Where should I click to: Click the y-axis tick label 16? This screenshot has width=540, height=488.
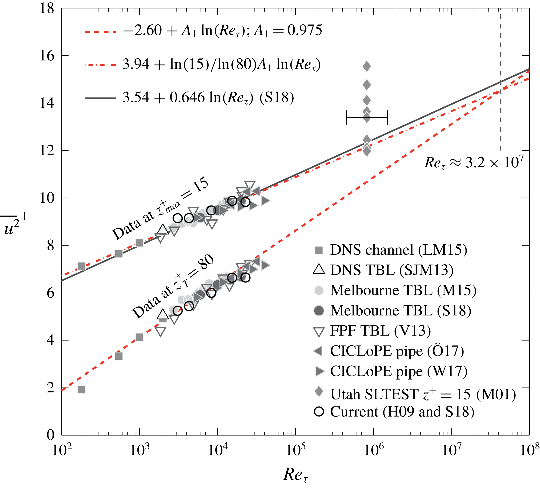[x=47, y=56]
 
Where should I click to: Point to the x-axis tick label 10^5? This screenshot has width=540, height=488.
[x=296, y=450]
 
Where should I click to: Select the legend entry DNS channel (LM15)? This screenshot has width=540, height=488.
[x=398, y=250]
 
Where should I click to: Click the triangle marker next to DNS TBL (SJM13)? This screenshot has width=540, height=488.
[x=319, y=269]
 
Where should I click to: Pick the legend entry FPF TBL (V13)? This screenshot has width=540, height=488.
[x=380, y=331]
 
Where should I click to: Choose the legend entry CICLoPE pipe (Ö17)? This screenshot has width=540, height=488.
[x=397, y=351]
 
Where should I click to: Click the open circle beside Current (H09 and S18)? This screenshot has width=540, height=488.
[x=319, y=412]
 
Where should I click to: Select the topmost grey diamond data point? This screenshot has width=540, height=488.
[x=367, y=66]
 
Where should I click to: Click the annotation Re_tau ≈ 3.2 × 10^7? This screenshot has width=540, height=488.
[x=474, y=163]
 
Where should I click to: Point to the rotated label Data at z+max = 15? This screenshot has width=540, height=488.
[x=160, y=208]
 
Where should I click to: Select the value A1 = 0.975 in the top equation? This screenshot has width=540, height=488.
[x=288, y=30]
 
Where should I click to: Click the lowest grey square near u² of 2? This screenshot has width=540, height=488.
[x=81, y=389]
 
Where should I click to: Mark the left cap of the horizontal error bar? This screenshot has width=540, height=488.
[x=346, y=117]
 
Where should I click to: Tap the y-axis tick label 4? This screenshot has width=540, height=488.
[x=51, y=340]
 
